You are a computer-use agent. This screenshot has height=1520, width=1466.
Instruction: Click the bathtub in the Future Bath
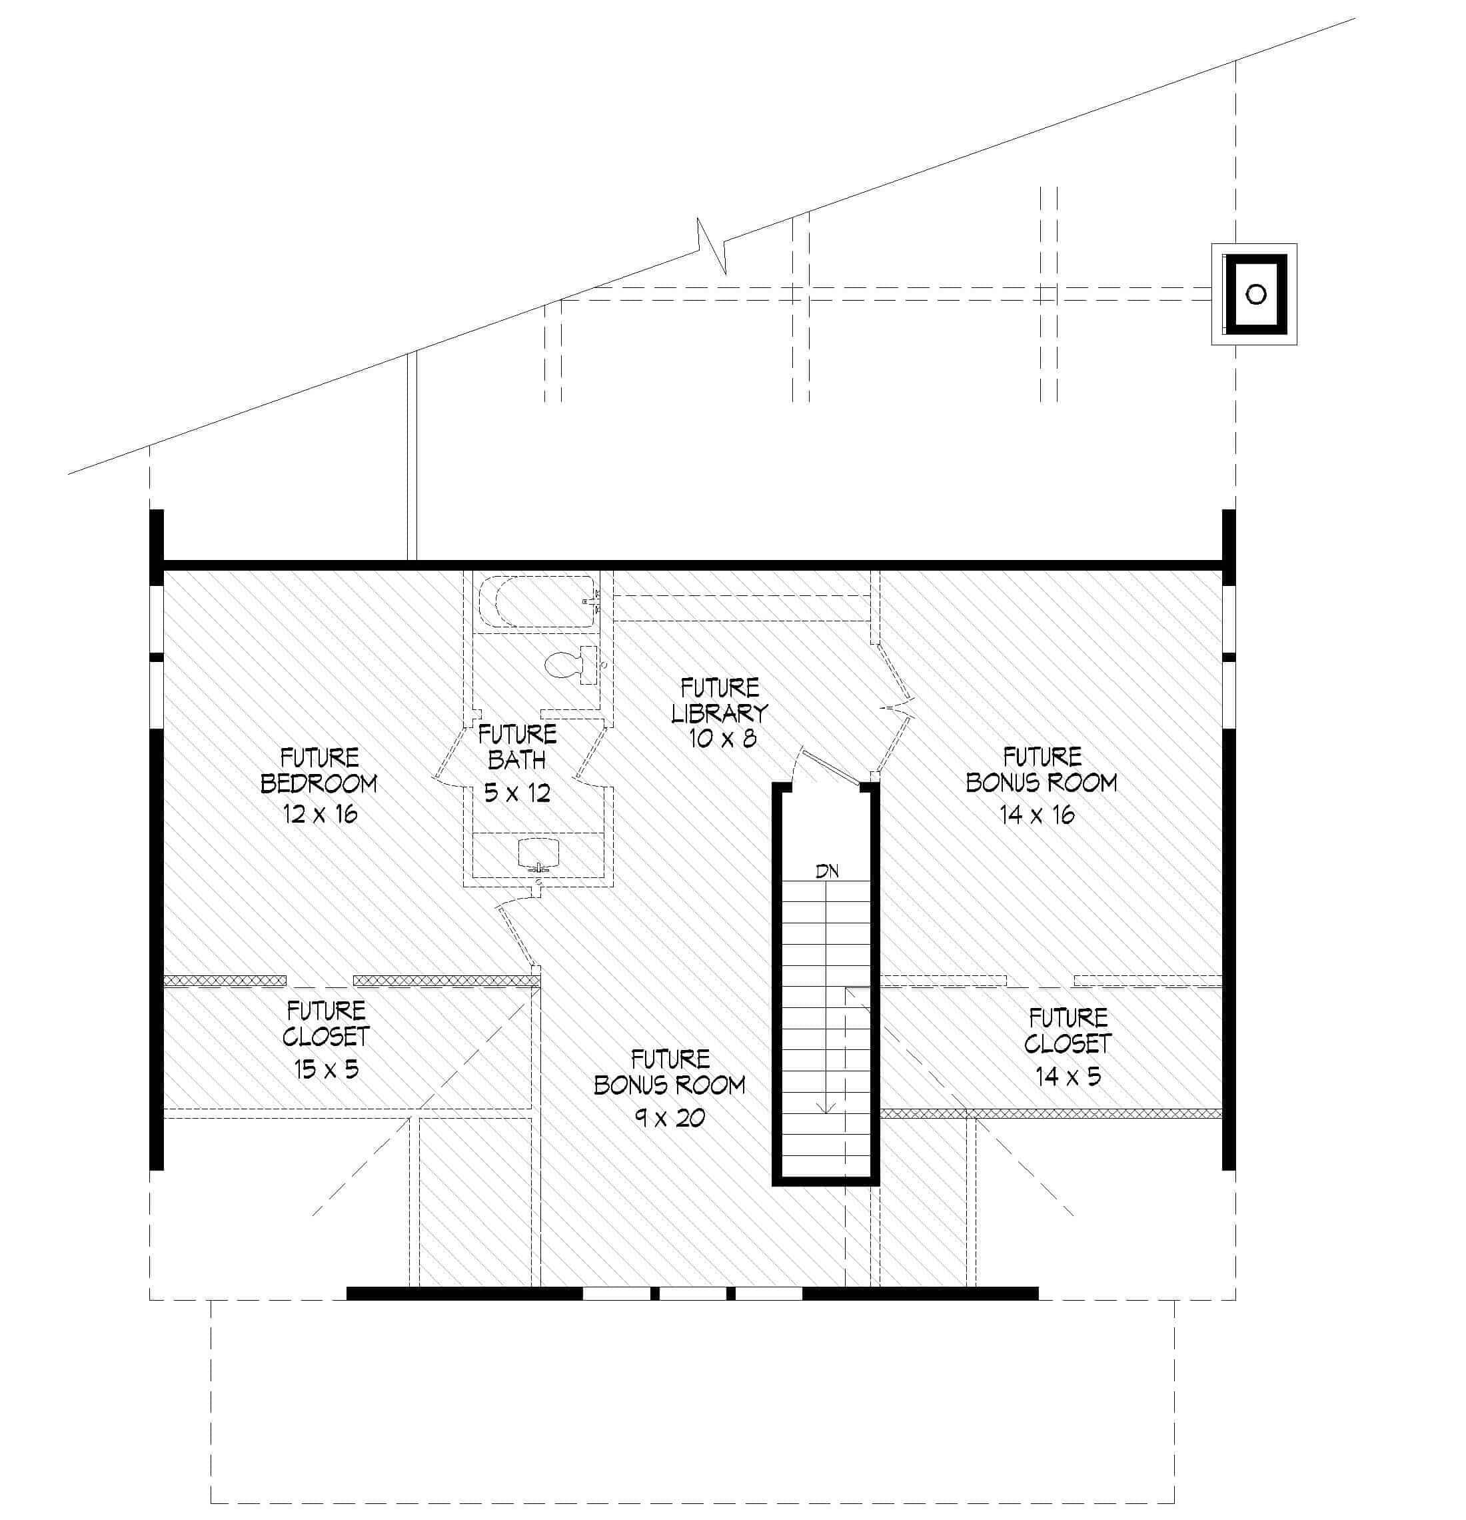tap(536, 601)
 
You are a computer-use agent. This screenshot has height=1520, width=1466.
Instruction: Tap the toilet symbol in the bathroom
tap(564, 665)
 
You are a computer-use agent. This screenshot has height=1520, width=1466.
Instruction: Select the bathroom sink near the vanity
tap(538, 852)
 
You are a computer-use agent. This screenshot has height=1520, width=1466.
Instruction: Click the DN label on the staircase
tap(826, 871)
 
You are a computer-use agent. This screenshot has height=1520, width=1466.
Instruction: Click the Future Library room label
tap(720, 699)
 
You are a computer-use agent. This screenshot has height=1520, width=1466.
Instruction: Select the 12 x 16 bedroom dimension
tap(320, 813)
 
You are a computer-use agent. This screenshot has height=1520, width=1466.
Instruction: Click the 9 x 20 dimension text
tap(670, 1117)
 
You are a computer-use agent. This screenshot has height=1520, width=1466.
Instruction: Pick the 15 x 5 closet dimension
tap(327, 1069)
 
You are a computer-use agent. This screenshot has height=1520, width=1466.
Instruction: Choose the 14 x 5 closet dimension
tap(1068, 1075)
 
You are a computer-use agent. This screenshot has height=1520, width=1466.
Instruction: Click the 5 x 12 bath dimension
tap(517, 793)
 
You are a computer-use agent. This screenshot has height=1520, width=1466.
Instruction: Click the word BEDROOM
tap(319, 784)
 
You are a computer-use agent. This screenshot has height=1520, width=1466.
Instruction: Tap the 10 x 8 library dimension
tap(722, 737)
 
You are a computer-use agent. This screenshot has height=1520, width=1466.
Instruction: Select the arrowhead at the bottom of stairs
tap(826, 1108)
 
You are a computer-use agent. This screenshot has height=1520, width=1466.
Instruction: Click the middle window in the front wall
tap(693, 1293)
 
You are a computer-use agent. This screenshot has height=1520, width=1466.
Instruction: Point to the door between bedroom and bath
tap(454, 756)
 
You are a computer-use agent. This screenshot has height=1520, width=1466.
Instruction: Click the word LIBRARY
tap(720, 712)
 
